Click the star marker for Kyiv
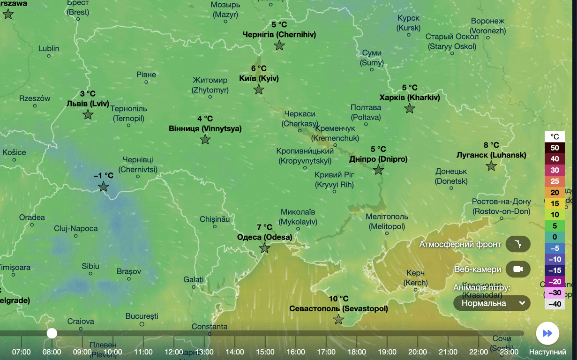point(259,89)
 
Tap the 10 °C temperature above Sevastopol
point(338,299)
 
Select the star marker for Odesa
point(265,248)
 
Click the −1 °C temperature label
point(103,176)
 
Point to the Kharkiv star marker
point(410,108)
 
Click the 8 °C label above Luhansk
point(491,145)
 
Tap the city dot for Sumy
point(372,70)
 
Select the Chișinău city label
point(215,219)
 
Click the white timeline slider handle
point(52,333)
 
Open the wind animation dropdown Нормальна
point(492,303)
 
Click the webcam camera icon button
point(518,269)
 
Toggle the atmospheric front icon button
point(518,244)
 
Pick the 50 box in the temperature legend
point(555,148)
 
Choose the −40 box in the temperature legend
point(555,304)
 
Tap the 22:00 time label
point(479,352)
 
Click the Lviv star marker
point(88,114)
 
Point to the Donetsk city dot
point(451,188)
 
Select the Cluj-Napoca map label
point(75,229)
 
